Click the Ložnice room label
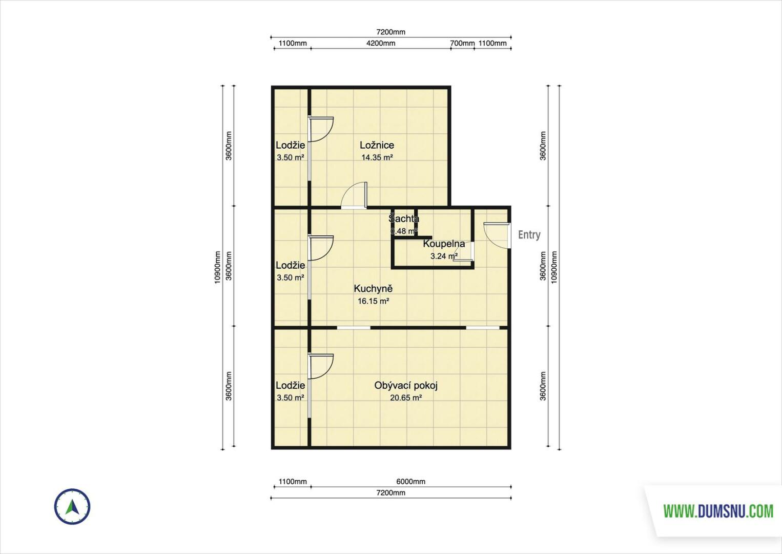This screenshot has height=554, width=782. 377,145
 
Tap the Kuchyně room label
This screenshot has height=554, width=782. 373,289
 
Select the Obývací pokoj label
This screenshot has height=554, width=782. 406,386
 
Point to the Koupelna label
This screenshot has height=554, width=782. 444,244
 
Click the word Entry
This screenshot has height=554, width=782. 529,235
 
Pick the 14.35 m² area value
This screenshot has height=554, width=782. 377,157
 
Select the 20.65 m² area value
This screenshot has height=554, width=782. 406,398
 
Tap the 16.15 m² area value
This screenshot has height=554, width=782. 373,301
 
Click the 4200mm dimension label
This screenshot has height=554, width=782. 381,43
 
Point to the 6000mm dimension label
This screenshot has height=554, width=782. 410,481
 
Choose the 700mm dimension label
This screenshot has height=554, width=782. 462,43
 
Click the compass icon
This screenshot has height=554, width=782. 72,506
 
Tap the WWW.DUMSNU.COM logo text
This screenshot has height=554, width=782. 718,511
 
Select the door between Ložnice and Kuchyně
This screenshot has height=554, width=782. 354,195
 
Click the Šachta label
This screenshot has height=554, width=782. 404,219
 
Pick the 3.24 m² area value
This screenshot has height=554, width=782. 444,256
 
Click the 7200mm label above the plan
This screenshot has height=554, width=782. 390,32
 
